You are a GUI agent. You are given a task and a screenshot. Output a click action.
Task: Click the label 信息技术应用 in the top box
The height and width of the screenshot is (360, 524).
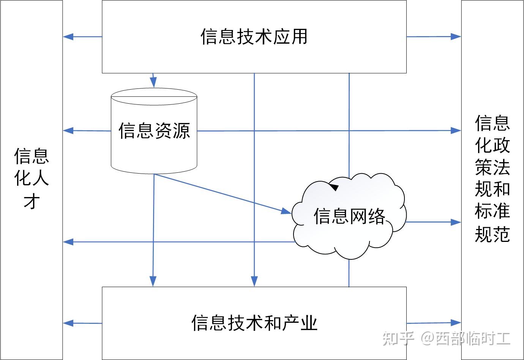click(x=254, y=37)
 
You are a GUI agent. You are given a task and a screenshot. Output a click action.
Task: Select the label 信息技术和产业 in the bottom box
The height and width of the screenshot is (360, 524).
click(x=254, y=323)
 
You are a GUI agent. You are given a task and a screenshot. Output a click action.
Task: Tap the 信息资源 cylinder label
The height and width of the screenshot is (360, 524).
click(x=154, y=131)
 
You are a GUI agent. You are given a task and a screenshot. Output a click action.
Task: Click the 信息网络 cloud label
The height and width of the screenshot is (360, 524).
click(x=349, y=216)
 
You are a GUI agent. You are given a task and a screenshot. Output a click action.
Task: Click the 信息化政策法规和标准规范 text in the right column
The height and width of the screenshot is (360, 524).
click(x=492, y=178)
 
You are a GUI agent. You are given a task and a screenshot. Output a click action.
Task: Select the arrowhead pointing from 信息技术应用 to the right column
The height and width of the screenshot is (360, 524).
click(x=456, y=36)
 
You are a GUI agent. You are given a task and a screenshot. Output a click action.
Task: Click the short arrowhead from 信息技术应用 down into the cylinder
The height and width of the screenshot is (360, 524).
click(x=153, y=82)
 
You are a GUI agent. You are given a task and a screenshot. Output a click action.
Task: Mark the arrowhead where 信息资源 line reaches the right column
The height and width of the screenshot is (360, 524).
click(x=456, y=130)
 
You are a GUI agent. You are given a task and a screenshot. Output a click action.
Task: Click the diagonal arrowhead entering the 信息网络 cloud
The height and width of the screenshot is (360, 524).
click(x=286, y=211)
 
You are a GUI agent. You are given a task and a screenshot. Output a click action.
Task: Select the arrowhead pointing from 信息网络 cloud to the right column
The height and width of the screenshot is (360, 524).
click(x=456, y=222)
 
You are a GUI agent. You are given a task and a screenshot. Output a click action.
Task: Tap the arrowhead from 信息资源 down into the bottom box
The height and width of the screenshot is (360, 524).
click(x=153, y=281)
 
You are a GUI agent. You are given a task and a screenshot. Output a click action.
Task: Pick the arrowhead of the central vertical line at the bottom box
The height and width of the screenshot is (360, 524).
click(x=254, y=281)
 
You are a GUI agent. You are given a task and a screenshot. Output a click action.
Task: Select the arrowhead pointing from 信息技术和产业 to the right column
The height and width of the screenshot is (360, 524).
click(x=456, y=323)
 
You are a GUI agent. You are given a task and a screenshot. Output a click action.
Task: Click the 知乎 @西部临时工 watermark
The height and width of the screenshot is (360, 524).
click(x=446, y=338)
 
